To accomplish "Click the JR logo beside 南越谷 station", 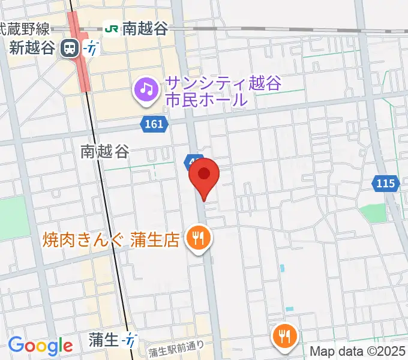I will tap(111, 28).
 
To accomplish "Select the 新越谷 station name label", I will tap(32, 48).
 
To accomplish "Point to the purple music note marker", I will tap(145, 90).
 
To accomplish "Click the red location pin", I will tap(204, 175).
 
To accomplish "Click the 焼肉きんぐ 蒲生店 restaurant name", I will tap(111, 241).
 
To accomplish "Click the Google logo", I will tap(40, 346).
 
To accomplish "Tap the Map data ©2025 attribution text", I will tap(358, 350).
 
